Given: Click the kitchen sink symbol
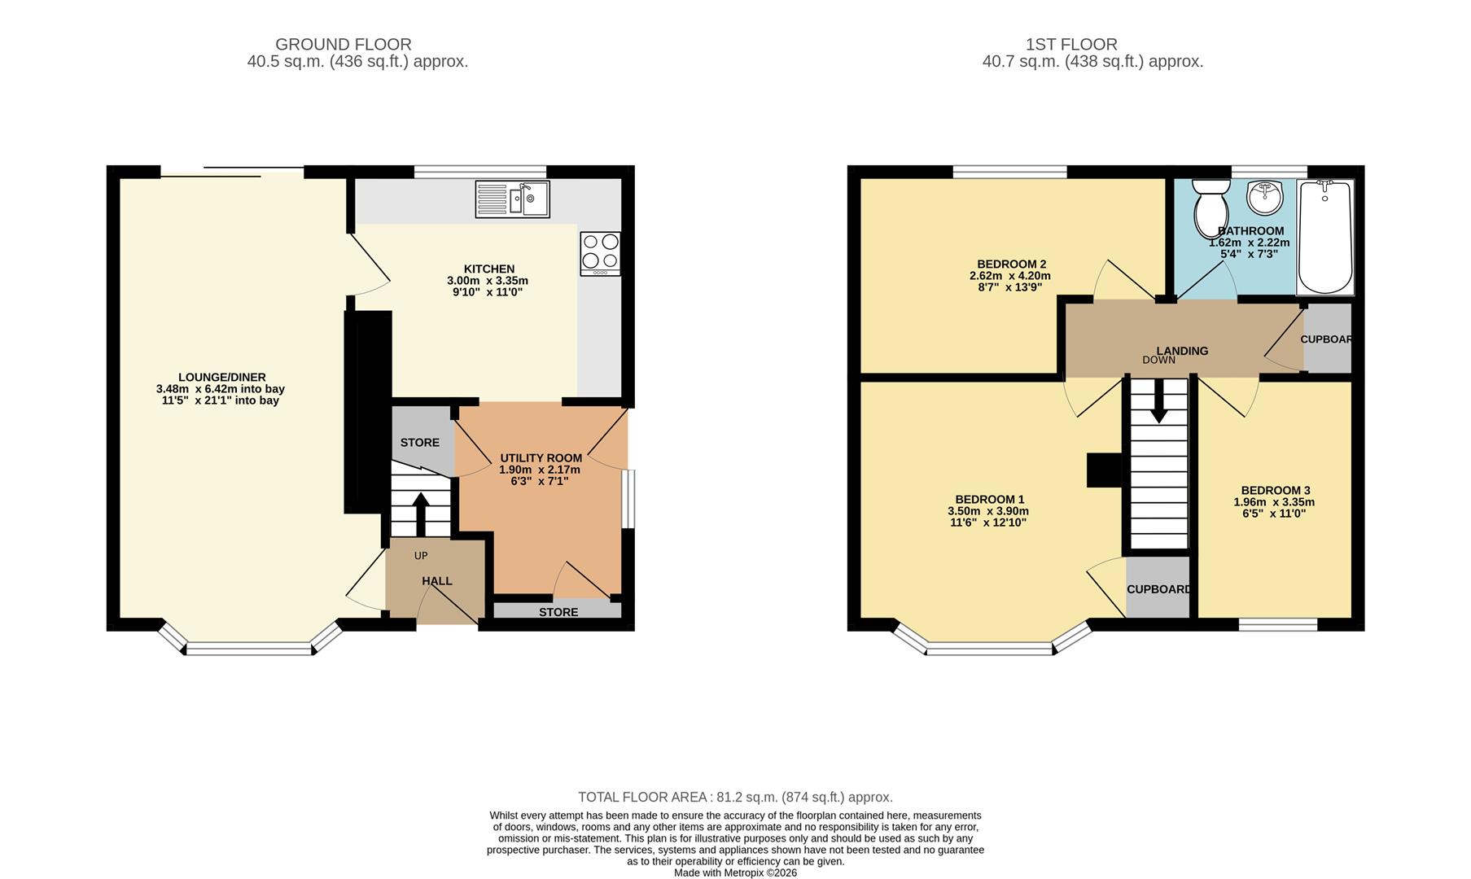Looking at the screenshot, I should [513, 199].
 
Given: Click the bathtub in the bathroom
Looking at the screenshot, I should [1324, 238].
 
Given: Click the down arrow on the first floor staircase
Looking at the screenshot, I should [1158, 405].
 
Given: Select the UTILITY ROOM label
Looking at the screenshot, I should [541, 458].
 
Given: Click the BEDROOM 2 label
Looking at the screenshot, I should [1011, 264].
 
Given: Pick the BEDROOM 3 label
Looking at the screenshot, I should [1275, 490].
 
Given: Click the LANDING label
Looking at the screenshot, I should [1182, 351].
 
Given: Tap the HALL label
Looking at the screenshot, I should [437, 581].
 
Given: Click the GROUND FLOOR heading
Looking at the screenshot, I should [343, 45].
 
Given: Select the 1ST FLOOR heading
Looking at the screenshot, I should [1070, 45].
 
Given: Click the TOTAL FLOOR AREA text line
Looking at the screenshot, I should [735, 797].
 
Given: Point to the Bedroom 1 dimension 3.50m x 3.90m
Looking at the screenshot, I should [987, 511].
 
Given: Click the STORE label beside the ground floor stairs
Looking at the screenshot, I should [419, 443].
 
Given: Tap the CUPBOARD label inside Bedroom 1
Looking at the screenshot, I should [1158, 589].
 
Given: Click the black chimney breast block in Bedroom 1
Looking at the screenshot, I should [1104, 470].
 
